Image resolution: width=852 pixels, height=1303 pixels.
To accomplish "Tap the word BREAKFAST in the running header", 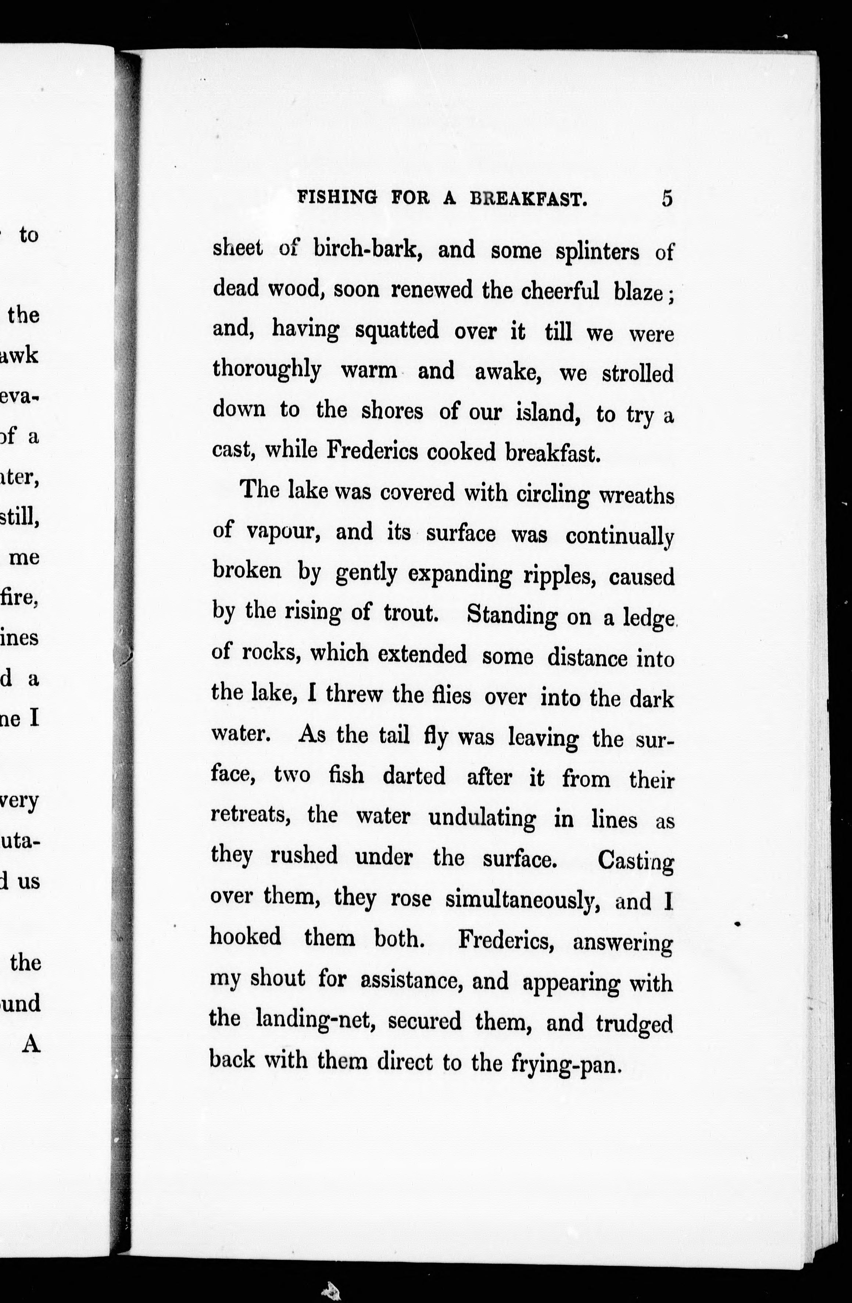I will [x=529, y=199].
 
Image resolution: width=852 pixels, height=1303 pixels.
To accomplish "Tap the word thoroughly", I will [x=266, y=371].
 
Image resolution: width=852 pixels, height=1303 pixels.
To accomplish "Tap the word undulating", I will [x=482, y=818].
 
